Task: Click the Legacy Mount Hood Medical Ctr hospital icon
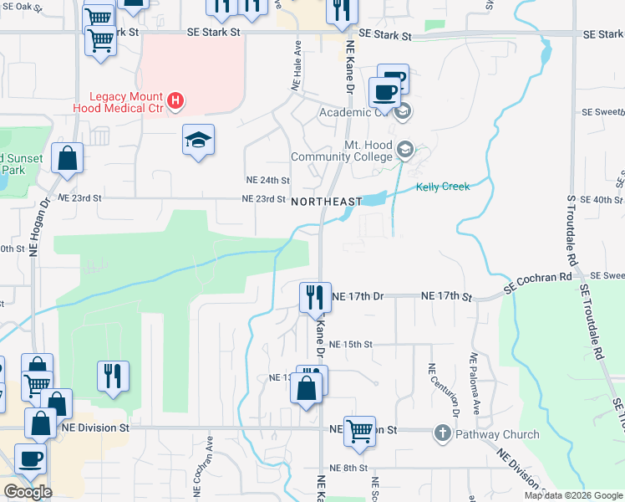click(175, 101)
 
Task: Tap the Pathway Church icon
click(443, 433)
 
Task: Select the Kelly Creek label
click(443, 187)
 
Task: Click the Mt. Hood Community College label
click(341, 151)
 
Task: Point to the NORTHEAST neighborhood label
click(327, 202)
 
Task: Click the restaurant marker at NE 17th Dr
click(312, 297)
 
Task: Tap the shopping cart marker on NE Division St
click(359, 431)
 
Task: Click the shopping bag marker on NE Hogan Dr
click(67, 157)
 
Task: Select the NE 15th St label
click(350, 344)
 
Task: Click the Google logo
click(28, 491)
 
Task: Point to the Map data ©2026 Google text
click(572, 495)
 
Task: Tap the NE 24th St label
click(267, 180)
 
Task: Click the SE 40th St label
click(604, 200)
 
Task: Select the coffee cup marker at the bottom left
click(31, 458)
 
